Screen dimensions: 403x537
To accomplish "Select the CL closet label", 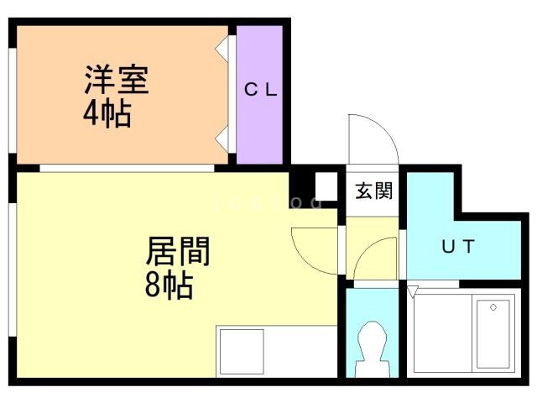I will [260, 91].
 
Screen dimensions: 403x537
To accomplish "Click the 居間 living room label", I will [178, 251].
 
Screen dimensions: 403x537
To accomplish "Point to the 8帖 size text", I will [168, 286].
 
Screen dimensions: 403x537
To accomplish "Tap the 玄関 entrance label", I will [373, 191].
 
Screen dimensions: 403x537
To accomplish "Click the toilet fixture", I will [371, 348].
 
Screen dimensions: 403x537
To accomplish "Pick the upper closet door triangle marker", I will [223, 47].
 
